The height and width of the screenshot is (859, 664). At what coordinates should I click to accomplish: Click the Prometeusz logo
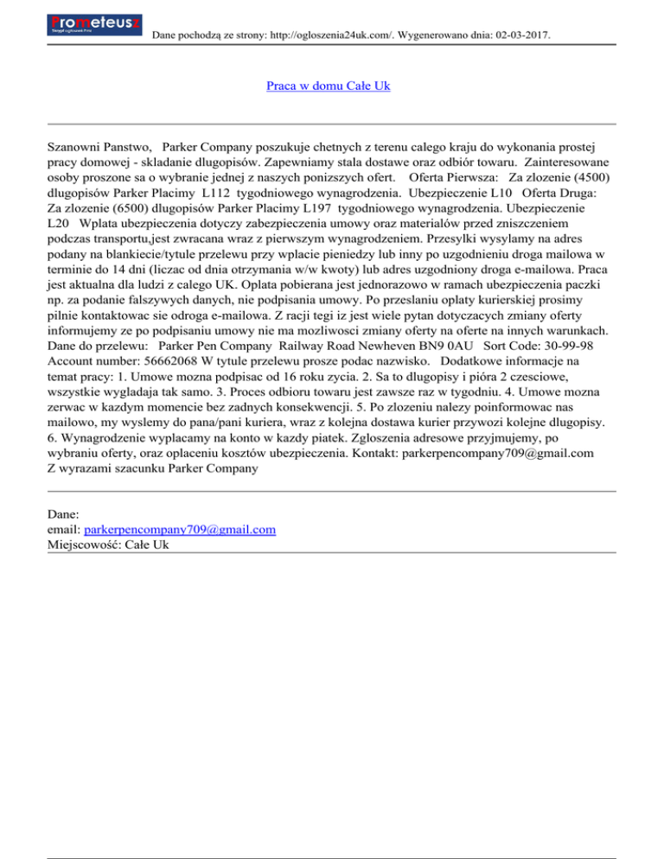[x=95, y=24]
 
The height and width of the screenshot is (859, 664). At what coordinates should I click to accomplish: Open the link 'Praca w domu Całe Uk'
[x=331, y=87]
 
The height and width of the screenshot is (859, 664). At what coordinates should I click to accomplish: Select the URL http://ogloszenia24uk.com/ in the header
[x=322, y=35]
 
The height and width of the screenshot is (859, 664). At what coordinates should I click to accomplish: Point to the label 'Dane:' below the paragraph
[x=65, y=513]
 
